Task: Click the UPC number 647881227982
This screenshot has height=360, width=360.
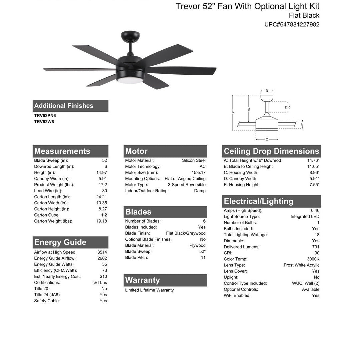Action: (x=292, y=24)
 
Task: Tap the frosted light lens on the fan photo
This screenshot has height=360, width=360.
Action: (x=129, y=79)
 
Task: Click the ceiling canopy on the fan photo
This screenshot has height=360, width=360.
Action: (x=130, y=35)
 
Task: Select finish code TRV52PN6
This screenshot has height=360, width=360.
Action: (x=45, y=116)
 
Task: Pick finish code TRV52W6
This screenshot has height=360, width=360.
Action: (x=44, y=122)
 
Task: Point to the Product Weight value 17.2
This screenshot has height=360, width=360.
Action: (x=103, y=185)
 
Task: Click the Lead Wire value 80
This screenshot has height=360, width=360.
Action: (x=104, y=191)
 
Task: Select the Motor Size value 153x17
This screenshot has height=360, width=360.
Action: (x=198, y=173)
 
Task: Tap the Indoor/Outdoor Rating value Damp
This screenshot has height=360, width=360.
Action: (x=200, y=191)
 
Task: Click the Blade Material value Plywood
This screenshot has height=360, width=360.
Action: (x=197, y=245)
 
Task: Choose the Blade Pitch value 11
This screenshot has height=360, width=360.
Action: (x=203, y=257)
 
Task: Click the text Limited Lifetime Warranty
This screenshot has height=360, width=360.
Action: (x=149, y=290)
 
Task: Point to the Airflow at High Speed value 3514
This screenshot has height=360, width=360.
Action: (x=102, y=252)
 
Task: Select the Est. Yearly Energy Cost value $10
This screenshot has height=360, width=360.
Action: (x=103, y=276)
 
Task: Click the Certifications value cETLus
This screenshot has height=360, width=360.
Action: (x=100, y=283)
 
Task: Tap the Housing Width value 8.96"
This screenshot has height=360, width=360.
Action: (x=314, y=173)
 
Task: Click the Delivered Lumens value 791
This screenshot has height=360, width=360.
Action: (x=315, y=247)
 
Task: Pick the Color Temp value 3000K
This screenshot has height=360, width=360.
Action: (x=313, y=259)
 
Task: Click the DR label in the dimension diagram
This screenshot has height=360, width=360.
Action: (x=287, y=107)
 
